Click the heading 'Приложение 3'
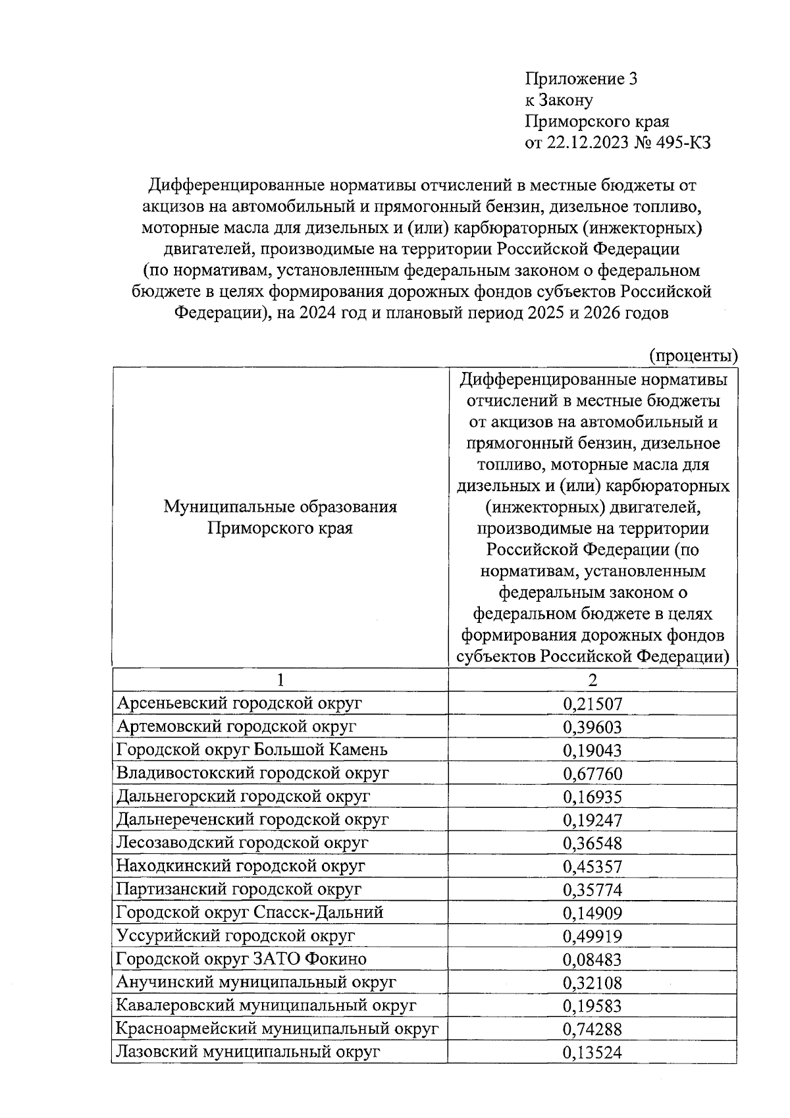pyautogui.click(x=581, y=80)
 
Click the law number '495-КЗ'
pyautogui.click(x=681, y=144)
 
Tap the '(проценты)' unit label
pyautogui.click(x=693, y=356)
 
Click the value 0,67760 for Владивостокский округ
pyautogui.click(x=592, y=774)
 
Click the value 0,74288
pyautogui.click(x=592, y=1030)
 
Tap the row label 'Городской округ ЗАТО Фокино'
pyautogui.click(x=241, y=959)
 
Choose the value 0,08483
pyautogui.click(x=592, y=960)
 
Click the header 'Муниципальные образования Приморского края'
pyautogui.click(x=280, y=517)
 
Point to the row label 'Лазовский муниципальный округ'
pyautogui.click(x=248, y=1052)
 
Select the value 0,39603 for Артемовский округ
pyautogui.click(x=592, y=728)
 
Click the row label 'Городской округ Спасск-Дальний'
pyautogui.click(x=250, y=913)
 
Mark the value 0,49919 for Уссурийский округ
pyautogui.click(x=592, y=936)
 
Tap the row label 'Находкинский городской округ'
pyautogui.click(x=240, y=866)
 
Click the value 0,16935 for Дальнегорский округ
pyautogui.click(x=592, y=797)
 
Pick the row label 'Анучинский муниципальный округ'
pyautogui.click(x=256, y=982)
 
